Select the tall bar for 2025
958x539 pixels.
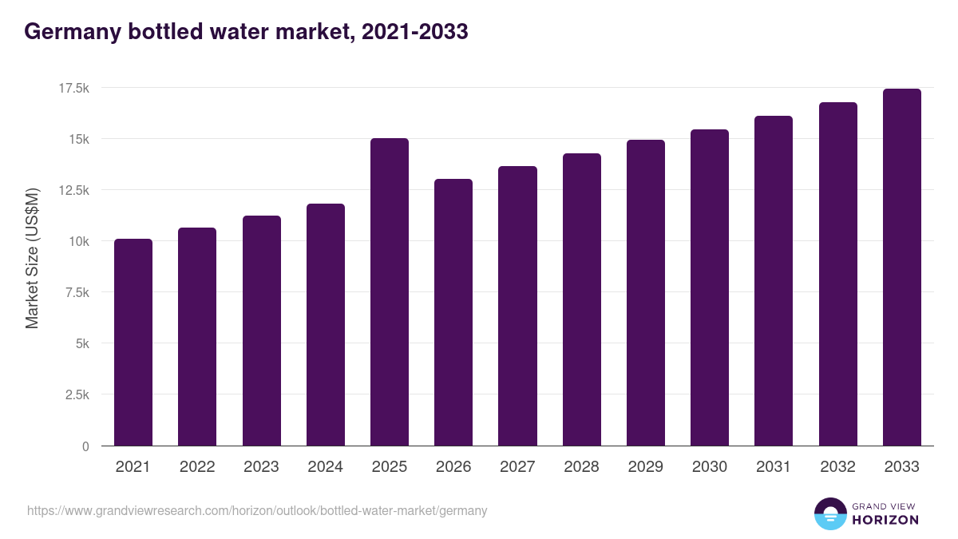(390, 291)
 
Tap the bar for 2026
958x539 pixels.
(453, 312)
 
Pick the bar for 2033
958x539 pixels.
(901, 267)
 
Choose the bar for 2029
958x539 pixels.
(645, 292)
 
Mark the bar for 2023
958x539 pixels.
(261, 331)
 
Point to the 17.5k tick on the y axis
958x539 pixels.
(73, 88)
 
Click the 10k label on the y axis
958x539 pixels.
(79, 241)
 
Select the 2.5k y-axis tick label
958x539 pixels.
(77, 395)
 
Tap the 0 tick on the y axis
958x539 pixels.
(85, 446)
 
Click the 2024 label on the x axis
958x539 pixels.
(325, 467)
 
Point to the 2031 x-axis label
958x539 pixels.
(774, 467)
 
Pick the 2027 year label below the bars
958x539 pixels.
(517, 467)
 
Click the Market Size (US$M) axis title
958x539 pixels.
(32, 258)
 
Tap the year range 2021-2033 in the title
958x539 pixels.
(414, 32)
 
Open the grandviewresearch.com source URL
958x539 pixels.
(257, 510)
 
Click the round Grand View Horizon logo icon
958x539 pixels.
(829, 513)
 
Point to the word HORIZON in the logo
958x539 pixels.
(885, 520)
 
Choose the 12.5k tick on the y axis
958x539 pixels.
(73, 190)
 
